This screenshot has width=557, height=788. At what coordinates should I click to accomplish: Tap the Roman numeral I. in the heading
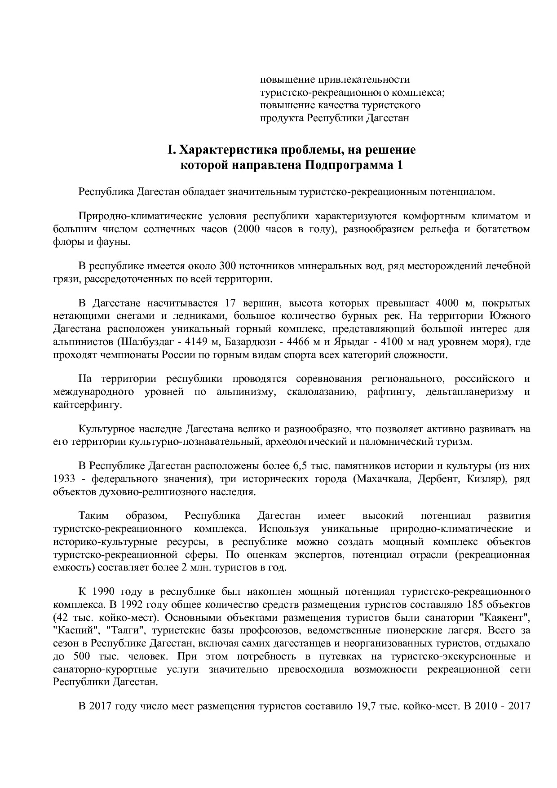[170, 150]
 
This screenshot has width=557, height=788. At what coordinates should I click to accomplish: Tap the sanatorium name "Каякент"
[506, 616]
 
